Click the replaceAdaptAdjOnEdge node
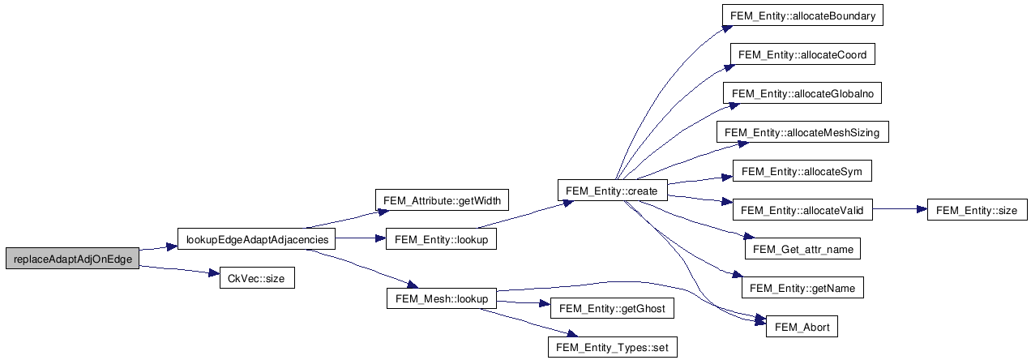tap(71, 259)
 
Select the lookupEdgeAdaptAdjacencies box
tap(256, 239)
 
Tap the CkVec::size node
tap(258, 279)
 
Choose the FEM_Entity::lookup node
tap(441, 239)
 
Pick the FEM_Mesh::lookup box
tap(441, 298)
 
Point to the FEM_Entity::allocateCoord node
tap(802, 54)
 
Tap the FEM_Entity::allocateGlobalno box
tap(802, 93)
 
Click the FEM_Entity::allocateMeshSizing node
tap(802, 132)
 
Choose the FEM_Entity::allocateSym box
tap(802, 171)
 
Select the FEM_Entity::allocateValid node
tap(802, 210)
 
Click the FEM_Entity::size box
tap(976, 210)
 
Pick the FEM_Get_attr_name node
tap(802, 249)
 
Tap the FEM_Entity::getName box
tap(802, 288)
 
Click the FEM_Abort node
tap(802, 327)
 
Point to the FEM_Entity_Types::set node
tap(611, 347)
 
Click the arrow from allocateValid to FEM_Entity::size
tap(900, 210)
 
